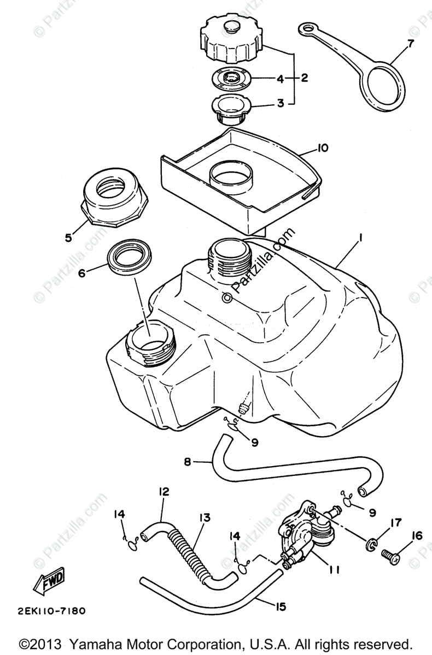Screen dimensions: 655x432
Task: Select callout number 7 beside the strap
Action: [x=411, y=42]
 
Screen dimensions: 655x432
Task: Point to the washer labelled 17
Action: [x=371, y=544]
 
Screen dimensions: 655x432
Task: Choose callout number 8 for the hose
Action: [x=187, y=462]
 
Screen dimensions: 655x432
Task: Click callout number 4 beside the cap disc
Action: [x=281, y=78]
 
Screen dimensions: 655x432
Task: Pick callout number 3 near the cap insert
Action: [x=281, y=102]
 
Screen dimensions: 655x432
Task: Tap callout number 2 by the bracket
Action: [x=304, y=78]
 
